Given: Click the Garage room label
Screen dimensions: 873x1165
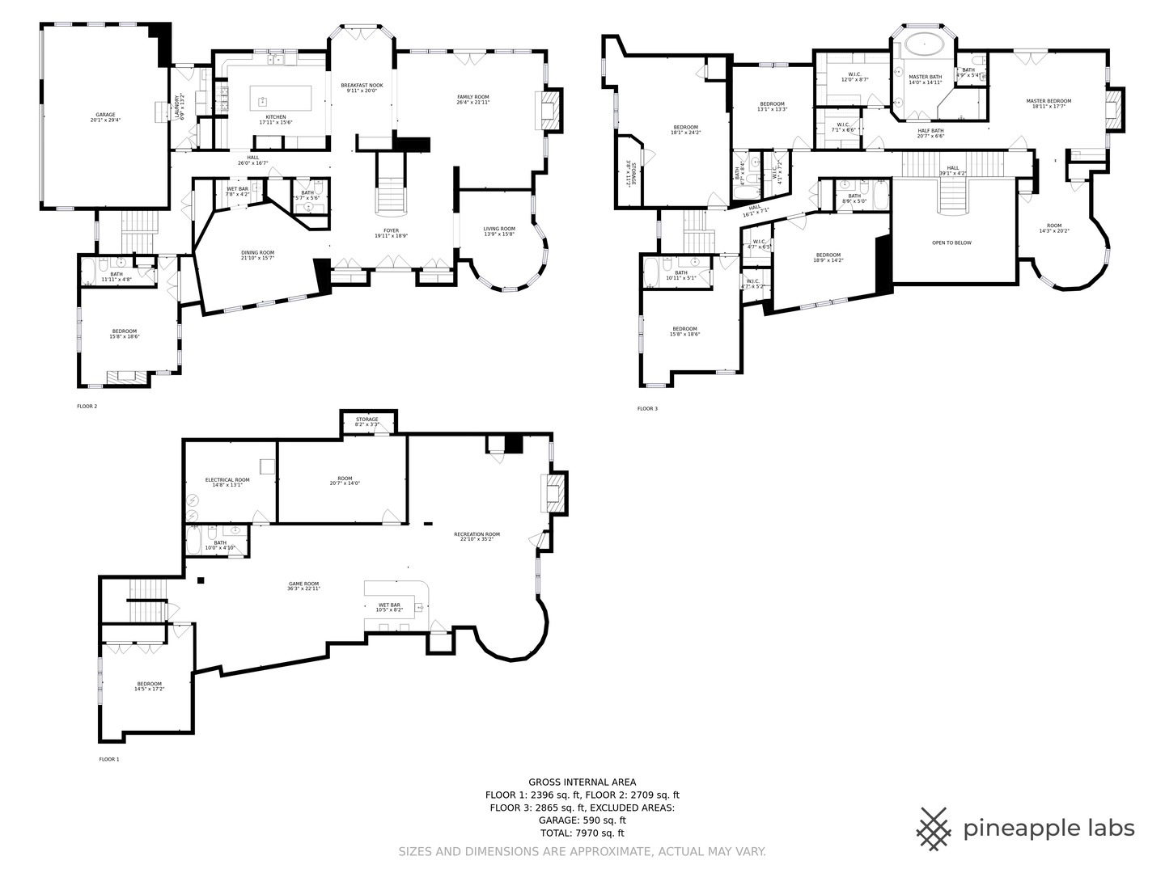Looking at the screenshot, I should (104, 117).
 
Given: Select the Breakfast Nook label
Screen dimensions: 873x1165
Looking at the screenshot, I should (362, 88).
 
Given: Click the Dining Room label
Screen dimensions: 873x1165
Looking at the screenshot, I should (257, 255).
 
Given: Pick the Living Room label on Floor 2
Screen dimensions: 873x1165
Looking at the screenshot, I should (499, 231).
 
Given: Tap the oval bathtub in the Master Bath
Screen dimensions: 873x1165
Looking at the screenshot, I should (923, 44).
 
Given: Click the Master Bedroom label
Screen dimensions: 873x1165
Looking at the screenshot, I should (1048, 103).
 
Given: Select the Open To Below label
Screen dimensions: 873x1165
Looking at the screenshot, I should (951, 242).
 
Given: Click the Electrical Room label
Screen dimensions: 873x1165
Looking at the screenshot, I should (227, 483).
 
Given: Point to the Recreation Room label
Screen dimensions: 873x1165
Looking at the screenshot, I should (477, 537).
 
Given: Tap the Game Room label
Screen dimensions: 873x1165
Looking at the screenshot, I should (303, 586).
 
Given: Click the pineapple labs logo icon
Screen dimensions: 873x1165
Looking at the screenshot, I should (934, 829).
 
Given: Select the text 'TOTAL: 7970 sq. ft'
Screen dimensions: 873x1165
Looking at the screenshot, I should (582, 833).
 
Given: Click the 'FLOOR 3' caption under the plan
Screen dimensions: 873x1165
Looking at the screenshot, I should (647, 409).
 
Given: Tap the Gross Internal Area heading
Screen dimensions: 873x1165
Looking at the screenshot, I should (582, 782).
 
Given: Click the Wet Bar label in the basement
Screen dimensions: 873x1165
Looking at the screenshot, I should (389, 607).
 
